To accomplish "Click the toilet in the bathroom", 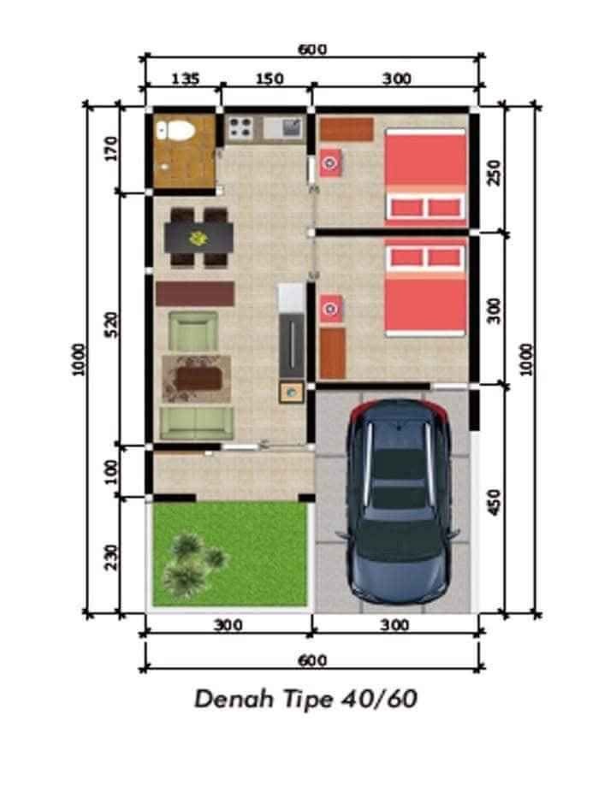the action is [175, 131].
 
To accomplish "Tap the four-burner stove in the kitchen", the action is [240, 128].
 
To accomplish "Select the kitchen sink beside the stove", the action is [284, 128].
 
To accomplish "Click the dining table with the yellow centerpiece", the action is [198, 238].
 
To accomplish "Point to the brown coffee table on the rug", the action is [198, 379].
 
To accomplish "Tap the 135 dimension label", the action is [185, 79].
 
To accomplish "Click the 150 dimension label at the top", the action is [269, 79].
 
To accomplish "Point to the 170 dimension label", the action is [110, 149].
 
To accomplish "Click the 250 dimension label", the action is [493, 173].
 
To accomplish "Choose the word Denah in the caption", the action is [234, 699].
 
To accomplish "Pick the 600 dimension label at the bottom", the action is [312, 661].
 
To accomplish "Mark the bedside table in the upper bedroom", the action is [331, 162].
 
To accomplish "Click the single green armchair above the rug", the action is [193, 331].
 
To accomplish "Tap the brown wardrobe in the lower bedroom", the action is [333, 353].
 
